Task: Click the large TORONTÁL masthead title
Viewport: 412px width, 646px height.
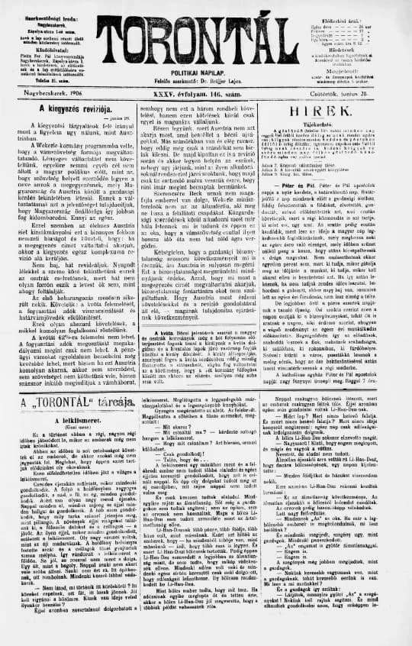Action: click(x=205, y=34)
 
